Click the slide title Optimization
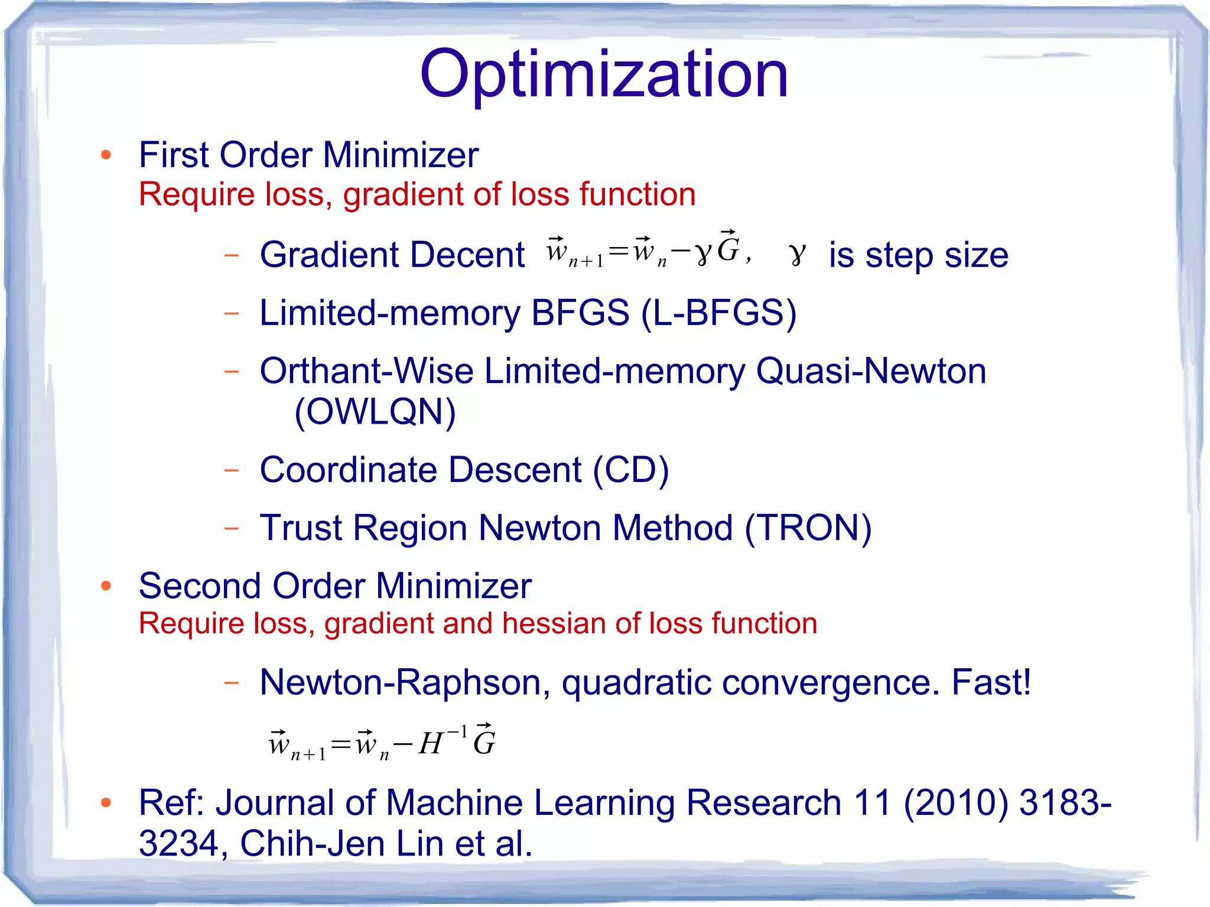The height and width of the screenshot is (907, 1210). pyautogui.click(x=604, y=74)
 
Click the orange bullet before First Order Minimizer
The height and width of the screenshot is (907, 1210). pyautogui.click(x=106, y=155)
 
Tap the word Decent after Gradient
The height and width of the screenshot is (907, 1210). pyautogui.click(x=470, y=255)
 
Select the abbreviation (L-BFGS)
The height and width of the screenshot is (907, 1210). pyautogui.click(x=718, y=313)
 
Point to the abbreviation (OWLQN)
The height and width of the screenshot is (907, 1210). pyautogui.click(x=375, y=411)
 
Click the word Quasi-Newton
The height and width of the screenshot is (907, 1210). pyautogui.click(x=871, y=371)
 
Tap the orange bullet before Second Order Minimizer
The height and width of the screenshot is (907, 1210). pyautogui.click(x=106, y=586)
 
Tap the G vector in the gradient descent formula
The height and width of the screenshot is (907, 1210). pyautogui.click(x=728, y=248)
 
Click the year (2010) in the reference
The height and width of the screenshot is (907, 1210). pyautogui.click(x=955, y=802)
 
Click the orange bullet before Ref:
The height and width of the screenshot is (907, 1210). pyautogui.click(x=106, y=802)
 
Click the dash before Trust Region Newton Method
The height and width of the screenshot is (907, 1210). pyautogui.click(x=232, y=528)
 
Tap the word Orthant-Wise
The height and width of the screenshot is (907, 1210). pyautogui.click(x=366, y=371)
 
